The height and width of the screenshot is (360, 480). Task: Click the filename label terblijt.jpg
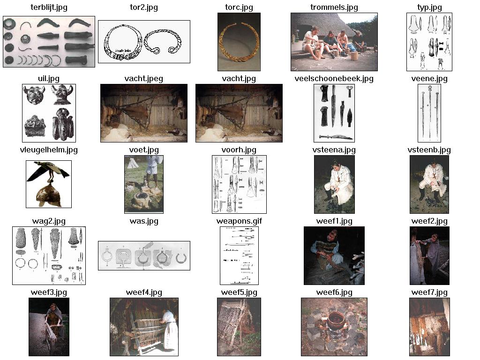tap(49, 7)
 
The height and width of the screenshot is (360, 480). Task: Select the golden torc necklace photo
tap(239, 42)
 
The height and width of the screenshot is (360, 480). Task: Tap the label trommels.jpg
tap(334, 7)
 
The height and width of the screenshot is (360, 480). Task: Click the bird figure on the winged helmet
tap(49, 172)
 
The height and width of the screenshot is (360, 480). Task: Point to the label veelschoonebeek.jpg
tap(334, 79)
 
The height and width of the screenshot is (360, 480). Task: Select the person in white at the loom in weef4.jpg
tap(169, 330)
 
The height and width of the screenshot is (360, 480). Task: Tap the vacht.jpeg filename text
tap(144, 79)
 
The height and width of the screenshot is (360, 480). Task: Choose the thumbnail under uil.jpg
tap(49, 113)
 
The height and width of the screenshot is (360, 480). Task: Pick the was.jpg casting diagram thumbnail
tap(144, 255)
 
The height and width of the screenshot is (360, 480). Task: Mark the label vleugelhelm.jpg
tap(49, 150)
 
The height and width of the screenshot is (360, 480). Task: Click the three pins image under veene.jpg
tap(429, 113)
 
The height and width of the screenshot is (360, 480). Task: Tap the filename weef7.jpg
tap(429, 292)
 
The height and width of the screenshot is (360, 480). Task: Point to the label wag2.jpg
tap(49, 221)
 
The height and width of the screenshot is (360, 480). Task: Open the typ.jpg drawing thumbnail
tap(429, 42)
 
